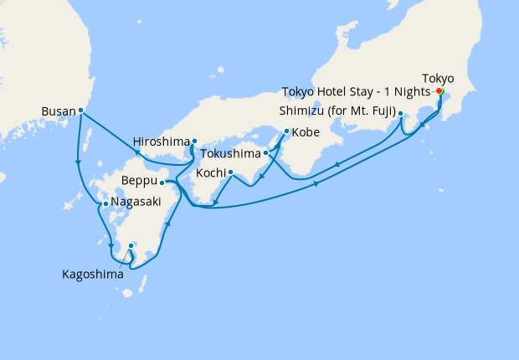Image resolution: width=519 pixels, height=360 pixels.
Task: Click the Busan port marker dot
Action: click(x=80, y=110)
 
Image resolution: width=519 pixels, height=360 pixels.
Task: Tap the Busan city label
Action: click(x=58, y=110)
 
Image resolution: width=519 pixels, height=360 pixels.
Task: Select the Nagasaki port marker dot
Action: click(x=104, y=203)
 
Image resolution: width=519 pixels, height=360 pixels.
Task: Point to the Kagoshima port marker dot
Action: click(x=131, y=245)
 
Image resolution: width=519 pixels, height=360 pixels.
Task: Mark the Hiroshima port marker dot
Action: click(x=194, y=141)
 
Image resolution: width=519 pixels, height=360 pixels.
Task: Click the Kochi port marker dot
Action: click(x=230, y=172)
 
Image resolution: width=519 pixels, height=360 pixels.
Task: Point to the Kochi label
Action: click(x=210, y=172)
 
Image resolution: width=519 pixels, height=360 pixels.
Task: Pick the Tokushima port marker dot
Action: click(x=266, y=153)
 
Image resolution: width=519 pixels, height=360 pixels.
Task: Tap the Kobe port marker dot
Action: click(x=287, y=131)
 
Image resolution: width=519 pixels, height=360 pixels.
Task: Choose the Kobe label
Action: click(x=305, y=131)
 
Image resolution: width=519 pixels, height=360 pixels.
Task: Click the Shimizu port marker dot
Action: click(x=401, y=113)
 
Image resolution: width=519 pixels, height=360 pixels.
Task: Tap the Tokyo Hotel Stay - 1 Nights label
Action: click(x=357, y=91)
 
